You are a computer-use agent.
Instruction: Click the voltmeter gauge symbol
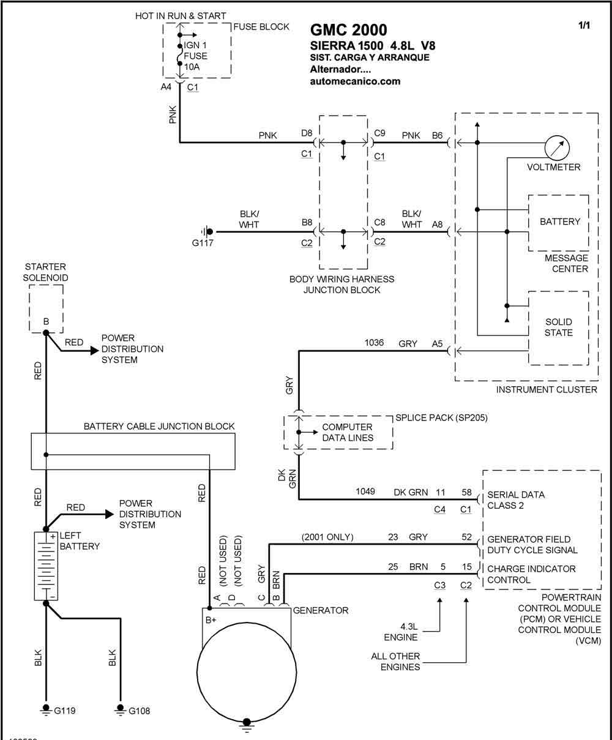pos(557,148)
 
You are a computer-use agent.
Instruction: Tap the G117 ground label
pos(203,243)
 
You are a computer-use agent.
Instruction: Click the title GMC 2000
pos(348,30)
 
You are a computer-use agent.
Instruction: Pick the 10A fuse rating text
pos(192,67)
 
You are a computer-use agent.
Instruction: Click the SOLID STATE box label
pos(559,327)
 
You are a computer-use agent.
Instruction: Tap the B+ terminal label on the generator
pos(211,620)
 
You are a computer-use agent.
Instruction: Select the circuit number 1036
pos(374,343)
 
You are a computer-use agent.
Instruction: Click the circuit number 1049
pos(365,491)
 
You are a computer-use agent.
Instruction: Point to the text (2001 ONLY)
pos(327,537)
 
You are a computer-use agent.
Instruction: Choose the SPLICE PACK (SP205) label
pos(441,417)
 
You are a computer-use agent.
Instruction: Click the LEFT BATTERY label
pos(80,541)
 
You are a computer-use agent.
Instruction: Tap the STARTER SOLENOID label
pos(45,272)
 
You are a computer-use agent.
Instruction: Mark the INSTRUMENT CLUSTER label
pos(547,389)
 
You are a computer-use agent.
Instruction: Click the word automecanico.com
pos(355,81)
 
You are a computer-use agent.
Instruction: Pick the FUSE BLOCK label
pos(261,26)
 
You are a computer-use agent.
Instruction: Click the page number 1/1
pos(584,25)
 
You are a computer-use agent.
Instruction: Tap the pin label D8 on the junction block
pos(307,133)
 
